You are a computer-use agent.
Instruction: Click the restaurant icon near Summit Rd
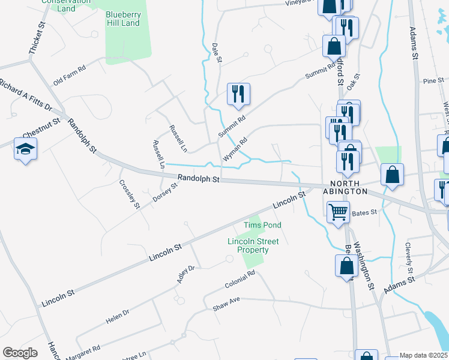click(x=238, y=94)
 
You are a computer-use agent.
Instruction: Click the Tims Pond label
click(x=262, y=225)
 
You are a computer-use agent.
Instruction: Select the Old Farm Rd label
click(x=70, y=76)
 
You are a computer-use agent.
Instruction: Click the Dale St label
click(x=217, y=52)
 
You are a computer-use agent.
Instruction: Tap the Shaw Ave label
click(x=226, y=305)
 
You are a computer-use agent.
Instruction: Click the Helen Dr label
click(x=118, y=317)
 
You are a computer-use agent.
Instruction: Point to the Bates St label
click(x=364, y=212)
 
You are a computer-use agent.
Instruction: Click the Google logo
click(x=20, y=353)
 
